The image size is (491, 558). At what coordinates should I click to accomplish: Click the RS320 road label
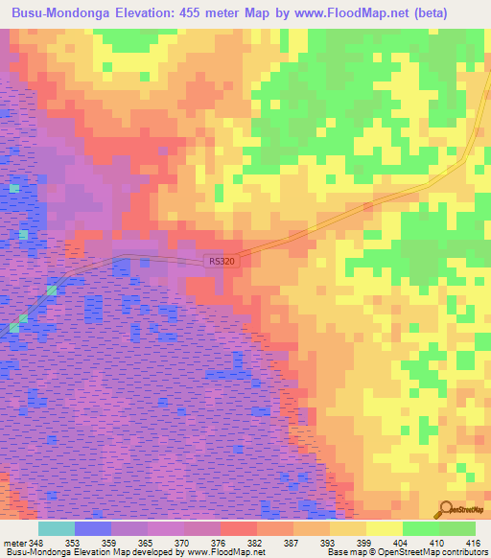(x=222, y=260)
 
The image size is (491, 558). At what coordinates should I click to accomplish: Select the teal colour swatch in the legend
(x=56, y=529)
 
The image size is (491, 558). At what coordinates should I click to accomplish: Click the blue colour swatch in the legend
(x=93, y=529)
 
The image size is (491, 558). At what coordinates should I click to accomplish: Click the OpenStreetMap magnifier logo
(x=446, y=509)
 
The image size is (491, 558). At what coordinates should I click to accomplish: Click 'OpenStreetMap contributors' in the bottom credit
(x=434, y=552)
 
